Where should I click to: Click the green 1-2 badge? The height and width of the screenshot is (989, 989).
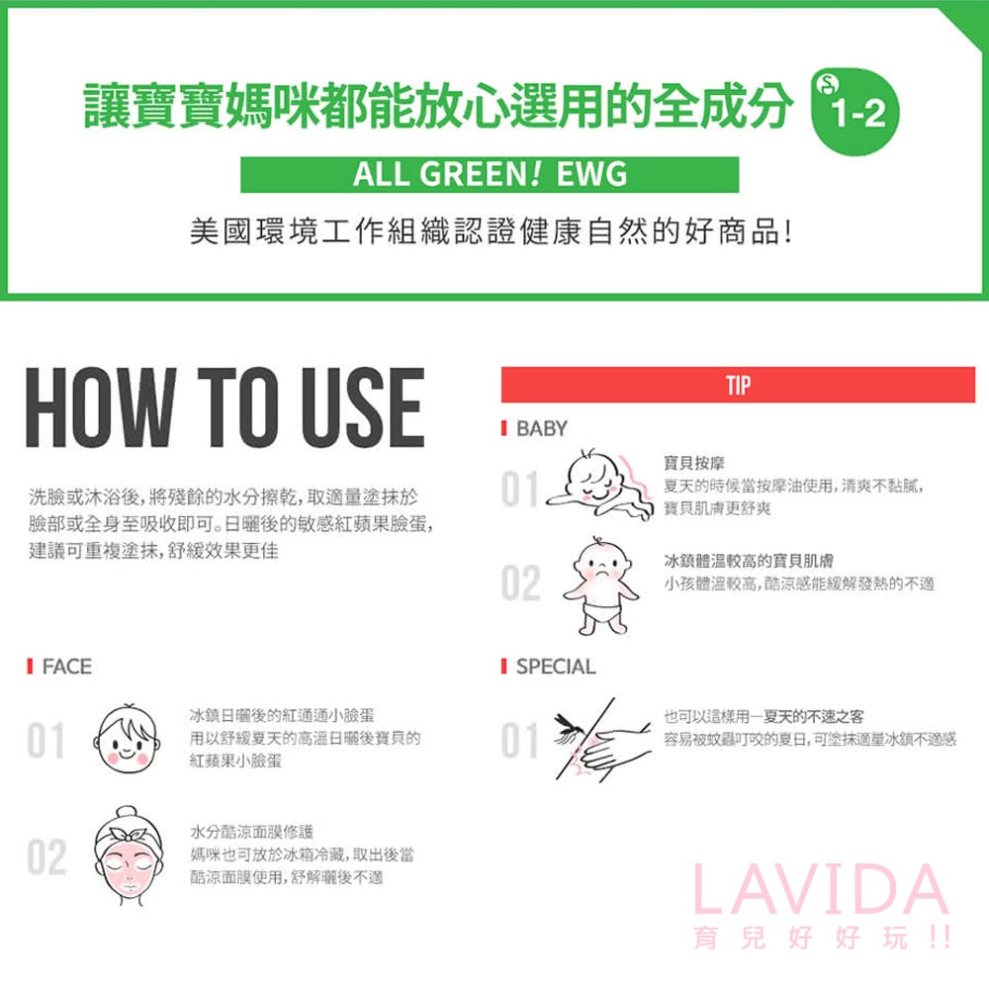(855, 112)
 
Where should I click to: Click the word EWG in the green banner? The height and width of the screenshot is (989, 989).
(591, 174)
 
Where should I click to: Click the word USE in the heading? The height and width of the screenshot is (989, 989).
(363, 407)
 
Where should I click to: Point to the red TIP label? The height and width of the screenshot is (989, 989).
(738, 385)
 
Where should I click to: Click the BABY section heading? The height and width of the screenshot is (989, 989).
(542, 429)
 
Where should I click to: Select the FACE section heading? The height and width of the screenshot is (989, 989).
(67, 666)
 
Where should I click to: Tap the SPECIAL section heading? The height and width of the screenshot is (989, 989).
(556, 666)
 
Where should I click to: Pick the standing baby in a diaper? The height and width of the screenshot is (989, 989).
(600, 586)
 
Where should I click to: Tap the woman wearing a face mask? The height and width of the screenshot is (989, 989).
(129, 855)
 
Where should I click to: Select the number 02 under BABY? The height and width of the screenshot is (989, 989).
(520, 583)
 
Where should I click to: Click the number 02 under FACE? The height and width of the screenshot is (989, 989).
(46, 856)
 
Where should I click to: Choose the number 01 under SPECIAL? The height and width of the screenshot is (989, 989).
(519, 740)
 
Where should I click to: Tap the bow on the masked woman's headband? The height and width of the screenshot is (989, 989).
(129, 833)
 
